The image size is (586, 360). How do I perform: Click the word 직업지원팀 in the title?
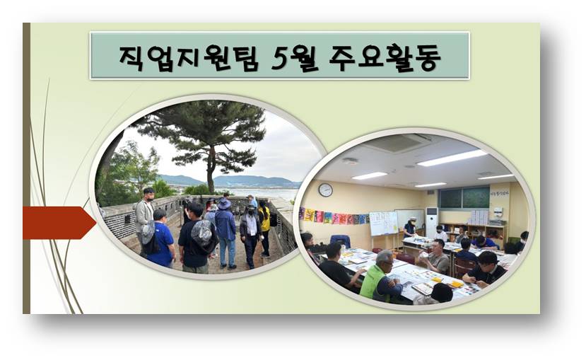pyautogui.click(x=189, y=58)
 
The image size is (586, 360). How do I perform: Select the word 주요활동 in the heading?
pyautogui.click(x=385, y=58)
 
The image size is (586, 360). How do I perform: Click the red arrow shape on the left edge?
pyautogui.click(x=59, y=222)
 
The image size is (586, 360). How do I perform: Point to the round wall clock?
pyautogui.click(x=325, y=190)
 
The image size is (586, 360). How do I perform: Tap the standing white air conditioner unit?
pyautogui.click(x=431, y=222)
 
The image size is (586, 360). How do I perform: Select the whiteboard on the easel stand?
pyautogui.click(x=383, y=223)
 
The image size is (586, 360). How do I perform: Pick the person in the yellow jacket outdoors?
pyautogui.click(x=264, y=228)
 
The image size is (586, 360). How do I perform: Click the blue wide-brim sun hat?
pyautogui.click(x=224, y=204)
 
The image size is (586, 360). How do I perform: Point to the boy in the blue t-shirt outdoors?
pyautogui.click(x=160, y=238)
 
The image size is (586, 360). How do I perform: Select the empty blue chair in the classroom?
pyautogui.click(x=340, y=241)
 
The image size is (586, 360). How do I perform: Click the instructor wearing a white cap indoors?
pyautogui.click(x=410, y=228)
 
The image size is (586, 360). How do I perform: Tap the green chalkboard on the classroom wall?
pyautogui.click(x=464, y=198)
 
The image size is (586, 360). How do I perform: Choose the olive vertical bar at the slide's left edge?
pyautogui.click(x=26, y=168)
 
